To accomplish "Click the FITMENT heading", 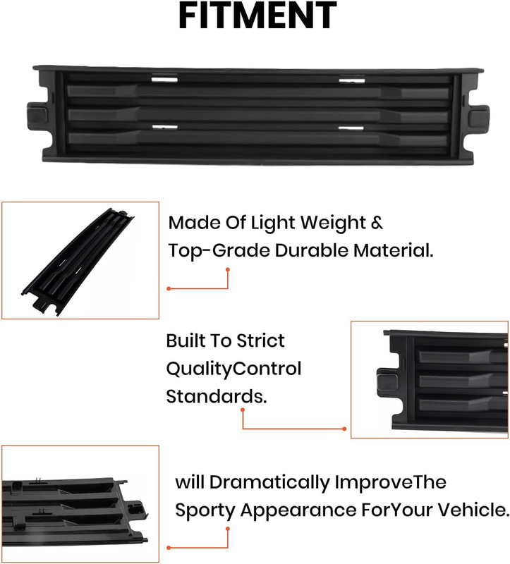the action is pos(257,15).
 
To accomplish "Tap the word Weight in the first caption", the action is pos(333,223).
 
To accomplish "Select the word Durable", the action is pos(312,250).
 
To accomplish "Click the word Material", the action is pos(394,250).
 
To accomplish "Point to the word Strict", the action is pos(261,341).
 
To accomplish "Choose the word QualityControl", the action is pos(233,369).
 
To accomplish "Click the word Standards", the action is pos(217,396).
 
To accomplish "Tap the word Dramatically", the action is pos(269,482).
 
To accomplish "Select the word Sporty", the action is pos(205,510).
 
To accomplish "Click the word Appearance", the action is pos(298,510).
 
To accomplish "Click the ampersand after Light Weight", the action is pos(377,223).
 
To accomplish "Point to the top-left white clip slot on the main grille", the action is pos(164,79).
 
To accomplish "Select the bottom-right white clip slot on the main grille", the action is pos(351,128).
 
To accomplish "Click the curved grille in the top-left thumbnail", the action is pos(78,262).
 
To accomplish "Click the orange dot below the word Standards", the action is pos(243,410).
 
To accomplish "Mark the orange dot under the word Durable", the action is pos(227,269).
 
